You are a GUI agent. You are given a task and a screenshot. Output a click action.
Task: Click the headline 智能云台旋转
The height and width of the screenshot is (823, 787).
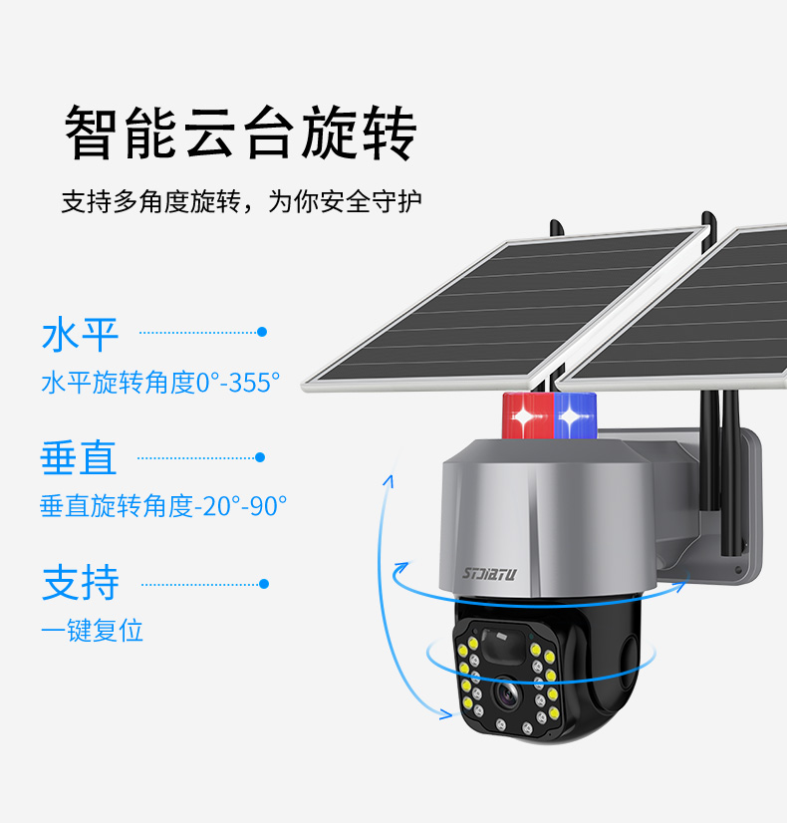point(240,133)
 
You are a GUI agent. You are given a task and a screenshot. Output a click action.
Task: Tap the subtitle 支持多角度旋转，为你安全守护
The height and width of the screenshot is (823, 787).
point(241,201)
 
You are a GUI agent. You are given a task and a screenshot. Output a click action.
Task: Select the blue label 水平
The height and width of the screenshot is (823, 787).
point(80,336)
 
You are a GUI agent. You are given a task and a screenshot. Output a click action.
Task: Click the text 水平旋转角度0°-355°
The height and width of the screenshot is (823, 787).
point(160,383)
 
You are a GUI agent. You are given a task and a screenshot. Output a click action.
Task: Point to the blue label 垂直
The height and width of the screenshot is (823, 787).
point(79,458)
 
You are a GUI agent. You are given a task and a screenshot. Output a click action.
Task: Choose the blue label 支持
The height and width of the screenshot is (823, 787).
point(80,583)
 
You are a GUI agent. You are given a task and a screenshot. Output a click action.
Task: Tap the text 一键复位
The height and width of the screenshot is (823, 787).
point(92,630)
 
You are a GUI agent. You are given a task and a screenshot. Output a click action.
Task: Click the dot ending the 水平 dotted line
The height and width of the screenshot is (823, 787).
point(262,332)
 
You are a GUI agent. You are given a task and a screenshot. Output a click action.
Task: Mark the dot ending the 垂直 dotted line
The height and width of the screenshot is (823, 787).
point(260,457)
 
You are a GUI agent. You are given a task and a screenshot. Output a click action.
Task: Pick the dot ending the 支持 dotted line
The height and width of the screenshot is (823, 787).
point(264,584)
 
